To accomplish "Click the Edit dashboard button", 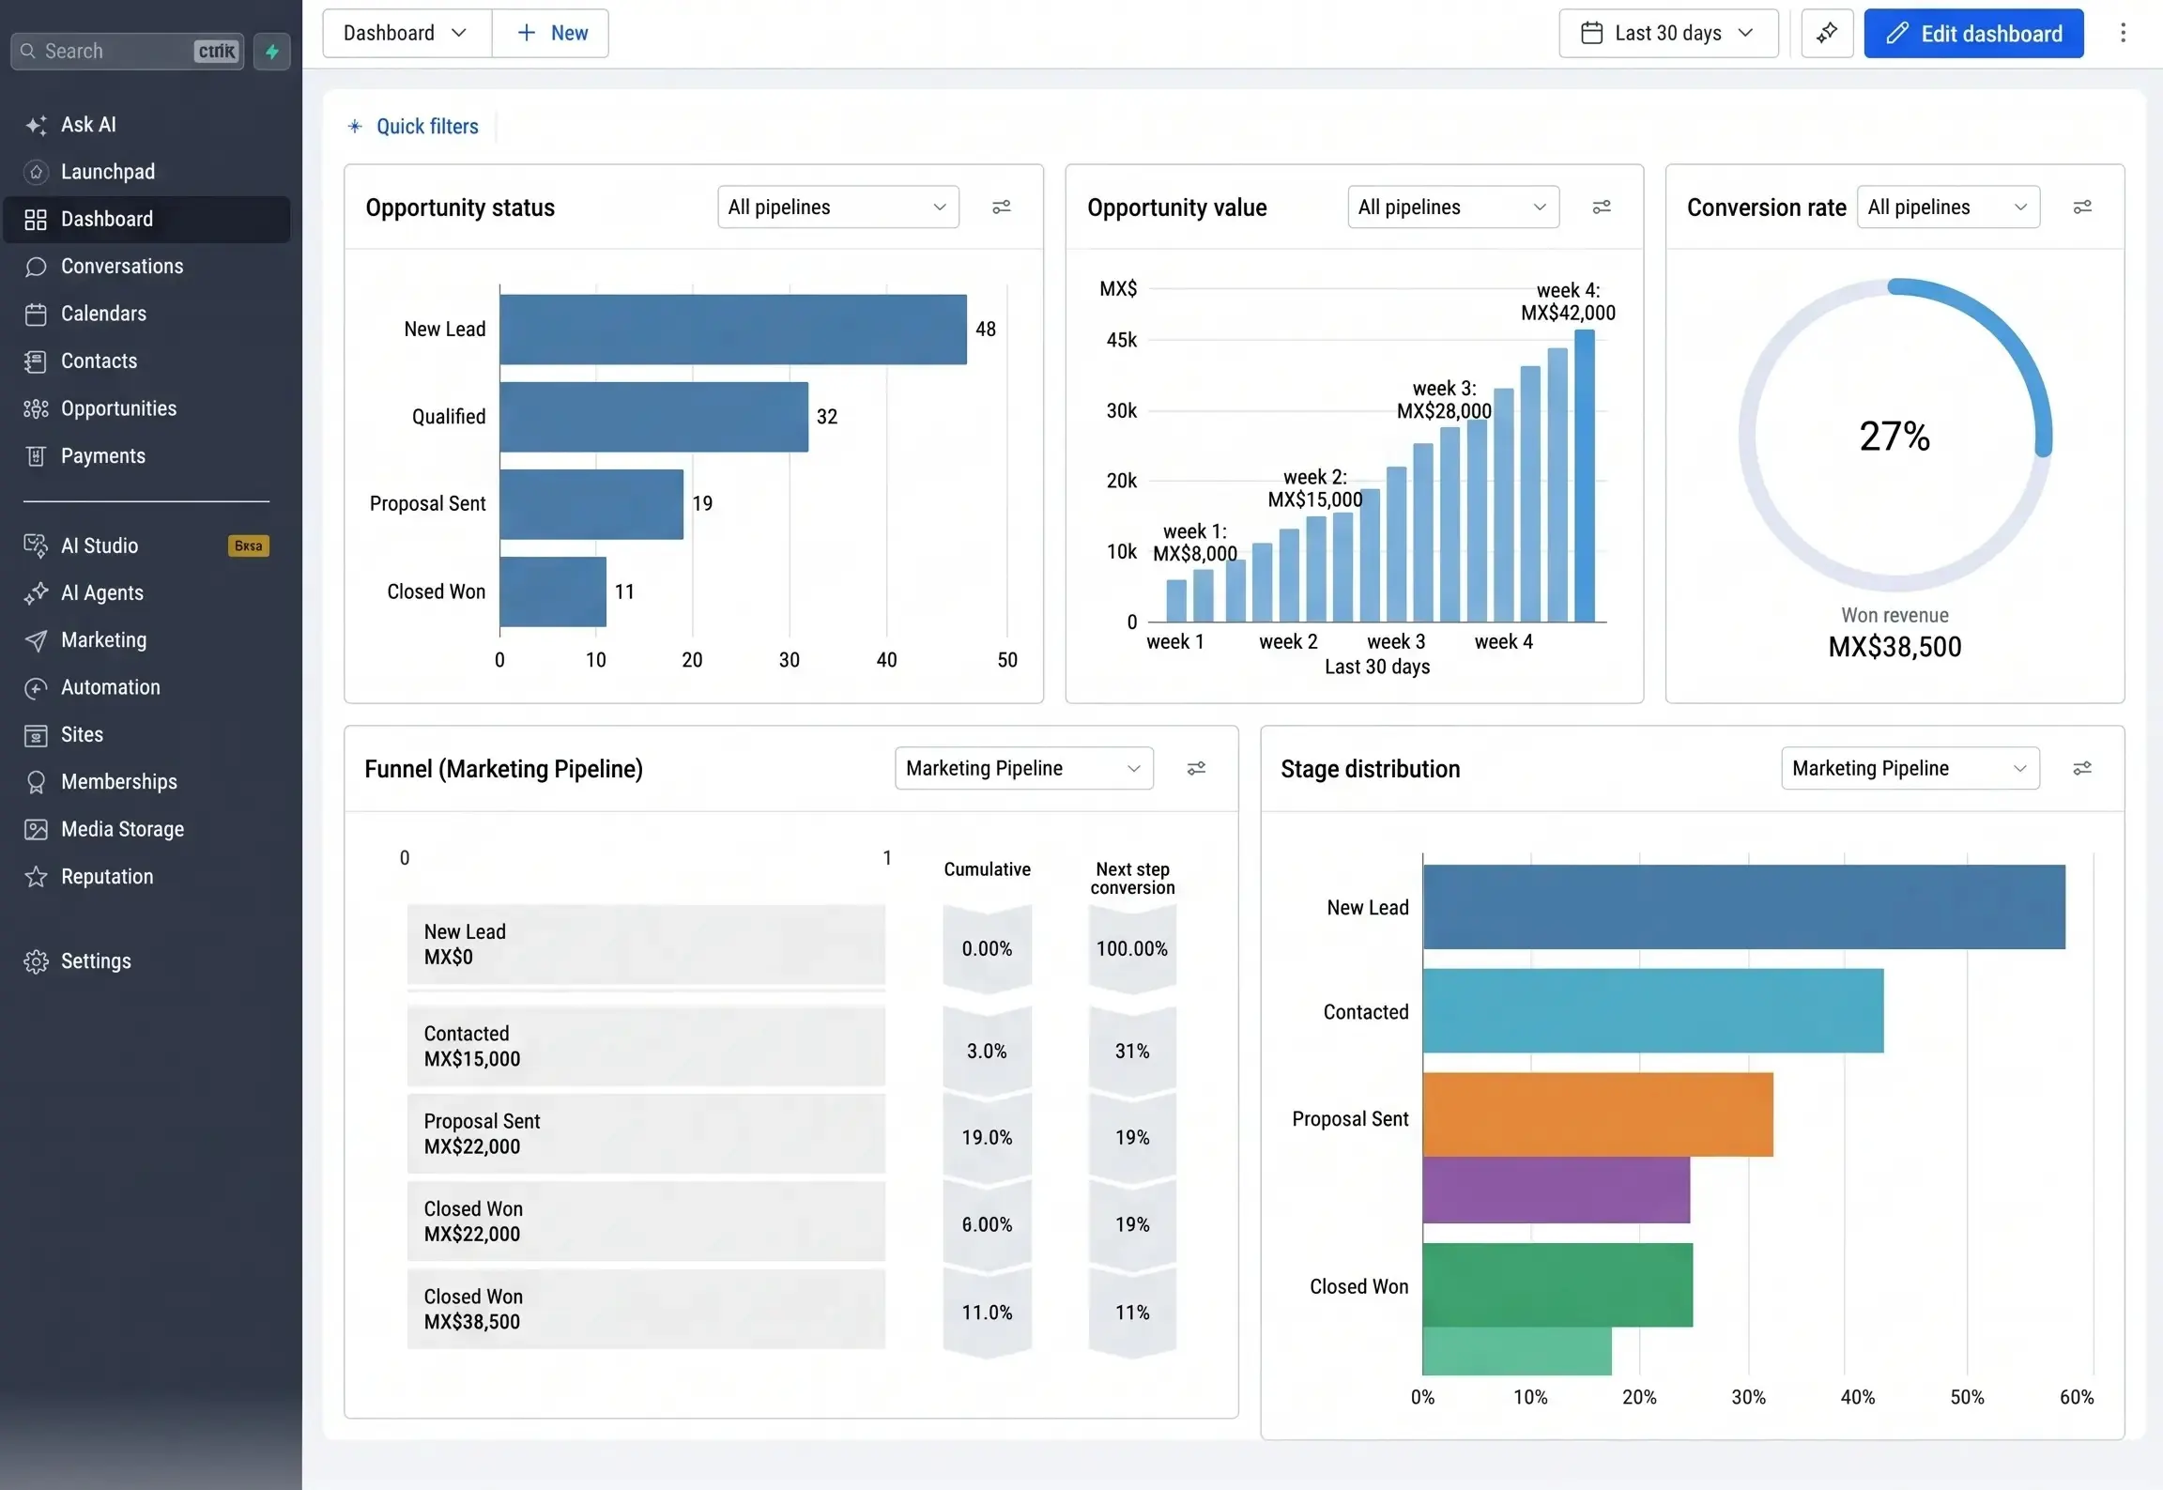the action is coord(1973,34).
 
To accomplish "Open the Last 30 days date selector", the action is coord(1668,34).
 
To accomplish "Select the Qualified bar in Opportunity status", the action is coord(653,417).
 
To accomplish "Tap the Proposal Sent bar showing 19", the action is coord(591,504).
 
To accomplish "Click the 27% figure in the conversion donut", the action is coord(1895,437).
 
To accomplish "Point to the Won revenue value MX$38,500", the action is coord(1895,647).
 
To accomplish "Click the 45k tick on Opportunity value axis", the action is coord(1121,340).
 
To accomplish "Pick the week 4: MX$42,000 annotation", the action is coord(1568,301).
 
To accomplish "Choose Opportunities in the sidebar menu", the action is coord(118,408).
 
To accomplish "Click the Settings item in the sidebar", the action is coord(96,961).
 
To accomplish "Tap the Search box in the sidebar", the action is coord(127,52).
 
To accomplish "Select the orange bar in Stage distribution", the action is coord(1598,1114).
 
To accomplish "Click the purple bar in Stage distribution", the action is coord(1557,1190).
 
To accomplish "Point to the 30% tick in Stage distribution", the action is coord(1748,1397).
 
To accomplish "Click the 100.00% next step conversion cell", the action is coord(1132,949).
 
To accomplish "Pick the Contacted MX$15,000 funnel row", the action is coord(646,1046).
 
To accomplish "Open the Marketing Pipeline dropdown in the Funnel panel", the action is coord(1023,769).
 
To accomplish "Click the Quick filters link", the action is coord(427,127).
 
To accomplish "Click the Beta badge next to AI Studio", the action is coord(249,546).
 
